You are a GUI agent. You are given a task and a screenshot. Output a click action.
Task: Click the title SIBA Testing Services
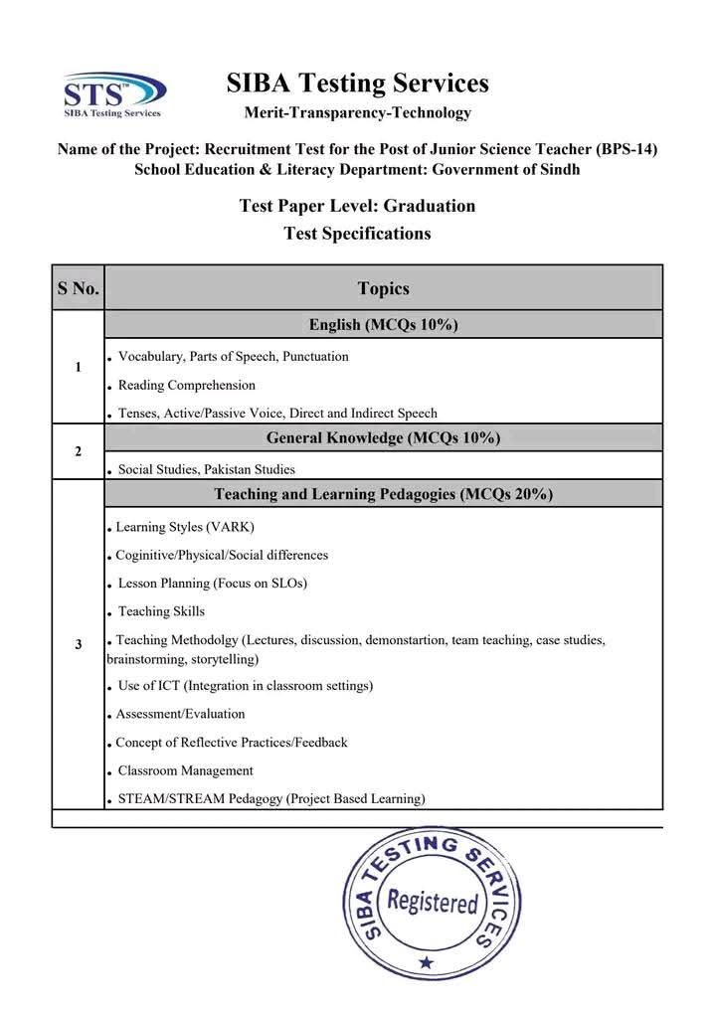pyautogui.click(x=357, y=83)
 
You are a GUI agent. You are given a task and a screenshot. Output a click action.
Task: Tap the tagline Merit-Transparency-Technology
pyautogui.click(x=357, y=112)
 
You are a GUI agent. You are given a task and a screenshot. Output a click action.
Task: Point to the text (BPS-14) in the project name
pyautogui.click(x=626, y=149)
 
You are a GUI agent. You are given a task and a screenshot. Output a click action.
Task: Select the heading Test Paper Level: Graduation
pyautogui.click(x=357, y=206)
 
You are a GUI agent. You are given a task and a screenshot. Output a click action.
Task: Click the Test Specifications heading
pyautogui.click(x=357, y=234)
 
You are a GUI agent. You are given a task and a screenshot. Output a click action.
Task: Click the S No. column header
pyautogui.click(x=78, y=288)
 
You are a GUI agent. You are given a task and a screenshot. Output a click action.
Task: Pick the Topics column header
pyautogui.click(x=383, y=288)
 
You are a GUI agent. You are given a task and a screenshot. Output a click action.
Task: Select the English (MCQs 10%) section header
pyautogui.click(x=383, y=324)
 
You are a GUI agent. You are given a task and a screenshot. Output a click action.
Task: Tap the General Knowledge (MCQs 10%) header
pyautogui.click(x=383, y=437)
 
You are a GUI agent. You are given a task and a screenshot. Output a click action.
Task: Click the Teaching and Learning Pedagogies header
pyautogui.click(x=383, y=494)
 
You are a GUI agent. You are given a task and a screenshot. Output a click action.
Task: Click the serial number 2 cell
pyautogui.click(x=78, y=451)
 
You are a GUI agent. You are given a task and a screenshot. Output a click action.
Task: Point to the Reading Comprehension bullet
pyautogui.click(x=186, y=385)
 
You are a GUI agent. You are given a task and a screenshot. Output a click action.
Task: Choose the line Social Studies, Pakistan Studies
pyautogui.click(x=206, y=469)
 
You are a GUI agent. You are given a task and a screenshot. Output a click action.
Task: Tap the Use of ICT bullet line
pyautogui.click(x=245, y=686)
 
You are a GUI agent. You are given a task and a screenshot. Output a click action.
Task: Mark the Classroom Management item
pyautogui.click(x=185, y=770)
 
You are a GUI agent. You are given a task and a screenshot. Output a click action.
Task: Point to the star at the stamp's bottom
pyautogui.click(x=427, y=962)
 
